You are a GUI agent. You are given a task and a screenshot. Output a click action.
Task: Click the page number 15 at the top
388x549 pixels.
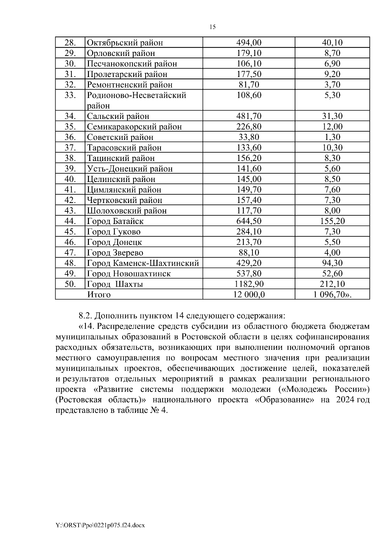[x=212, y=27]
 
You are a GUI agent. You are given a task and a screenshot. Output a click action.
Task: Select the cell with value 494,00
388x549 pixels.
[x=249, y=43]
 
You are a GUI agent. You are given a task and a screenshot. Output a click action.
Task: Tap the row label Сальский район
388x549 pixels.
[x=118, y=116]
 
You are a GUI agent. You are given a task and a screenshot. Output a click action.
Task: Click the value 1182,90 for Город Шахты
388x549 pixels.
[x=249, y=284]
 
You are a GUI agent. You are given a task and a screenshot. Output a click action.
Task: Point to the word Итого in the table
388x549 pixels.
[x=99, y=295]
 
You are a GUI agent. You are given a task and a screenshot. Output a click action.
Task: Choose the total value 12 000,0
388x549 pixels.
[x=249, y=295]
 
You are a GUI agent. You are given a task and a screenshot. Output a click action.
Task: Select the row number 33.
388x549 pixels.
[x=70, y=95]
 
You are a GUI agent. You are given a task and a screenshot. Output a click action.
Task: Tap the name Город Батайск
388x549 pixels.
[x=115, y=221]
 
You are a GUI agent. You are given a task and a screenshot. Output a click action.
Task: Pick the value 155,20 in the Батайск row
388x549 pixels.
[x=332, y=221]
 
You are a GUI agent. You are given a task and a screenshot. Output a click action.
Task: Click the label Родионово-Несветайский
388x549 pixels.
[x=136, y=95]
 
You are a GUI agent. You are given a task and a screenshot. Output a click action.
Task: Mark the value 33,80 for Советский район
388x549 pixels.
[x=249, y=137]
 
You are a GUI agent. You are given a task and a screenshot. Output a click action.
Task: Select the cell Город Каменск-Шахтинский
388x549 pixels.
[x=143, y=263]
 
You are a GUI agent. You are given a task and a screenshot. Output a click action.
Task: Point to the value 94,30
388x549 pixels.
[x=332, y=263]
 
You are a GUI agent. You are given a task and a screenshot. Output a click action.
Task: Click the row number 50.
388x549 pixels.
[x=70, y=284]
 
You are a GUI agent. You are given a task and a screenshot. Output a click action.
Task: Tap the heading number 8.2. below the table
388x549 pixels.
[x=86, y=315]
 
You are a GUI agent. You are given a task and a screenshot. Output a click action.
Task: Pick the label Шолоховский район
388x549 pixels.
[x=127, y=211]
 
